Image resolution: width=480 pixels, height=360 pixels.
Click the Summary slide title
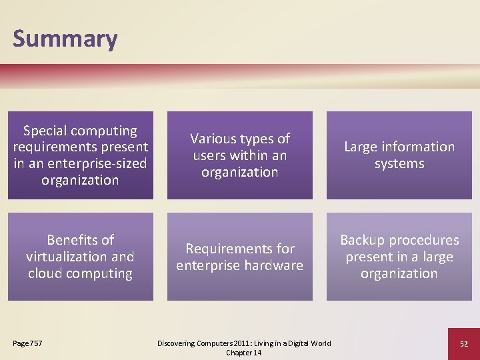(x=65, y=39)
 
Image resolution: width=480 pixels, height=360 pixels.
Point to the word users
(x=209, y=155)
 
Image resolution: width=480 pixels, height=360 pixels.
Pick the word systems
(x=399, y=163)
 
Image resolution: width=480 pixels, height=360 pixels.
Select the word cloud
(x=46, y=273)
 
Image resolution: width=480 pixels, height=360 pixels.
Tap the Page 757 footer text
(x=27, y=343)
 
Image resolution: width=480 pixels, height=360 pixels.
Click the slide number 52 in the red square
(x=463, y=343)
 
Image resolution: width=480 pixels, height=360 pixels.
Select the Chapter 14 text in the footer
(x=243, y=353)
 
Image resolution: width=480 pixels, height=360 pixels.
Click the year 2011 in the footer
(x=243, y=343)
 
